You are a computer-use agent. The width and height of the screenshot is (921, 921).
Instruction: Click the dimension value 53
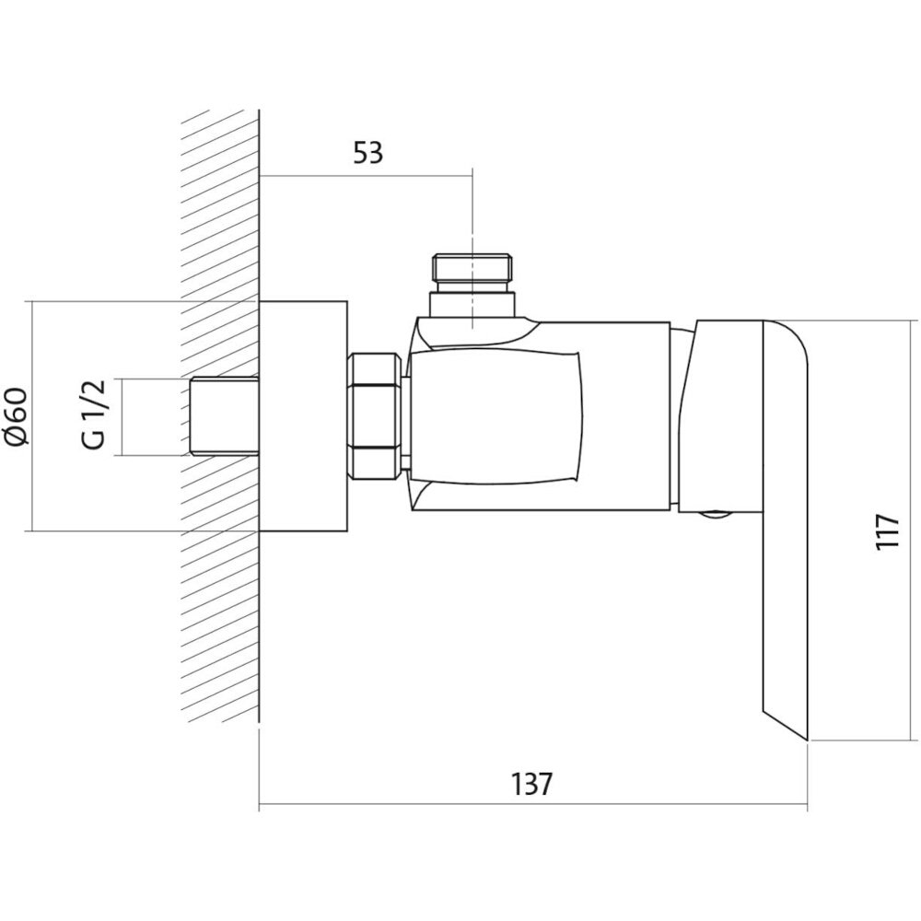pyautogui.click(x=367, y=153)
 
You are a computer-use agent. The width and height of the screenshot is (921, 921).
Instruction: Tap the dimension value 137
pyautogui.click(x=531, y=784)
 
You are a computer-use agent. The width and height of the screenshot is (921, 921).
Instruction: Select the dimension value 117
pyautogui.click(x=887, y=531)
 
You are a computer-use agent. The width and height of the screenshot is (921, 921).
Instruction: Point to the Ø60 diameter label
pyautogui.click(x=18, y=416)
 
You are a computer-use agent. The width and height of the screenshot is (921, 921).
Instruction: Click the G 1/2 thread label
pyautogui.click(x=94, y=414)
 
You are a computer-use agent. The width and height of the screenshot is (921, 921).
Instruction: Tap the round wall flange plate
pyautogui.click(x=303, y=416)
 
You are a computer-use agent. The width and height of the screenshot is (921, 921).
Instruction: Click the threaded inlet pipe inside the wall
pyautogui.click(x=226, y=416)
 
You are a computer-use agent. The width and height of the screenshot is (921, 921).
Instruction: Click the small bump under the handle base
pyautogui.click(x=715, y=515)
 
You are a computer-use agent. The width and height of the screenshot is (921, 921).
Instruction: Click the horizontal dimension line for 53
pyautogui.click(x=366, y=175)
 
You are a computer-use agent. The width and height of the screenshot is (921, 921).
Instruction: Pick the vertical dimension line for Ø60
pyautogui.click(x=31, y=416)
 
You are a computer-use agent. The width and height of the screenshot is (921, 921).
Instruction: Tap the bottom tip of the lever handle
pyautogui.click(x=809, y=740)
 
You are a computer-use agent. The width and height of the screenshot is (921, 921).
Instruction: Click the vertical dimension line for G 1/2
pyautogui.click(x=121, y=416)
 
